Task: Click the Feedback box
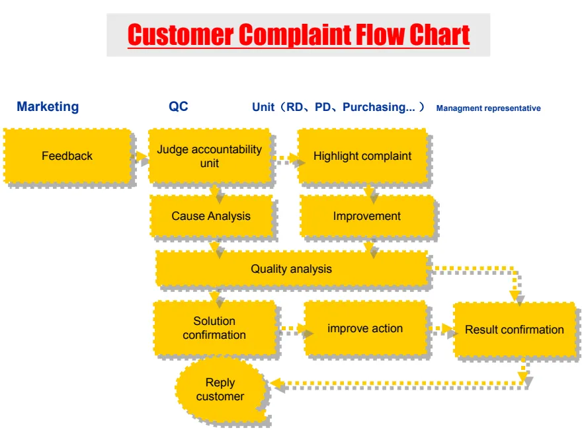67,156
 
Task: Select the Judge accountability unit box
210,156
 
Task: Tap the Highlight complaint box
362,156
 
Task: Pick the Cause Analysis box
211,216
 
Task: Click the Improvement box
367,216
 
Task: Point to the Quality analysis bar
291,269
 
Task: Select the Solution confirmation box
214,328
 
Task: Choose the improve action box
365,328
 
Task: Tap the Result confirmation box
514,330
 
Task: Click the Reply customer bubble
220,390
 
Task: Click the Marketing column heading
48,106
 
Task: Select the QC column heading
179,106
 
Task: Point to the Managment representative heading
488,108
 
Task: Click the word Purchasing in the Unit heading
374,107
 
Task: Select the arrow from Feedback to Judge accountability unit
140,157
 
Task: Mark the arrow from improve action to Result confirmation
440,329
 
